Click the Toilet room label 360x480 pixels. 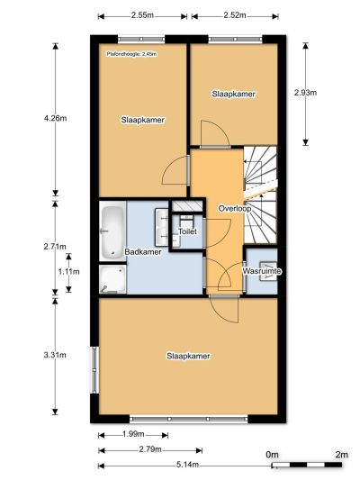(187, 231)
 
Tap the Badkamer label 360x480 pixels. (143, 252)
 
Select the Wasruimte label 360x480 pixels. (262, 271)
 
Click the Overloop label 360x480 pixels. (235, 208)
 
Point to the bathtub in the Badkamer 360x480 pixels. (112, 231)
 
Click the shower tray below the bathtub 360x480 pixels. (112, 278)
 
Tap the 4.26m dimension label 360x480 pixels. (55, 119)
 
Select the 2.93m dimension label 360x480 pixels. (305, 93)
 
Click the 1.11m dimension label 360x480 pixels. (68, 272)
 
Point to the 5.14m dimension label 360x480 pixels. (187, 465)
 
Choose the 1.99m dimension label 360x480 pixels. (133, 434)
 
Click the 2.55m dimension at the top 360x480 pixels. (142, 15)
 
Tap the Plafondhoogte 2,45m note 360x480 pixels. (131, 54)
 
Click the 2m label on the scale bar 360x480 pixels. (342, 455)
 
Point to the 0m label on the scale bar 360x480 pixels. (272, 455)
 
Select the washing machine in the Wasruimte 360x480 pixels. (268, 271)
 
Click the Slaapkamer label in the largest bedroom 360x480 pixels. (188, 356)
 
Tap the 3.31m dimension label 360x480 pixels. (55, 355)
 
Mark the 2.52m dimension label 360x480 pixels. (235, 15)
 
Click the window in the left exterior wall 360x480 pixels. (94, 370)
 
